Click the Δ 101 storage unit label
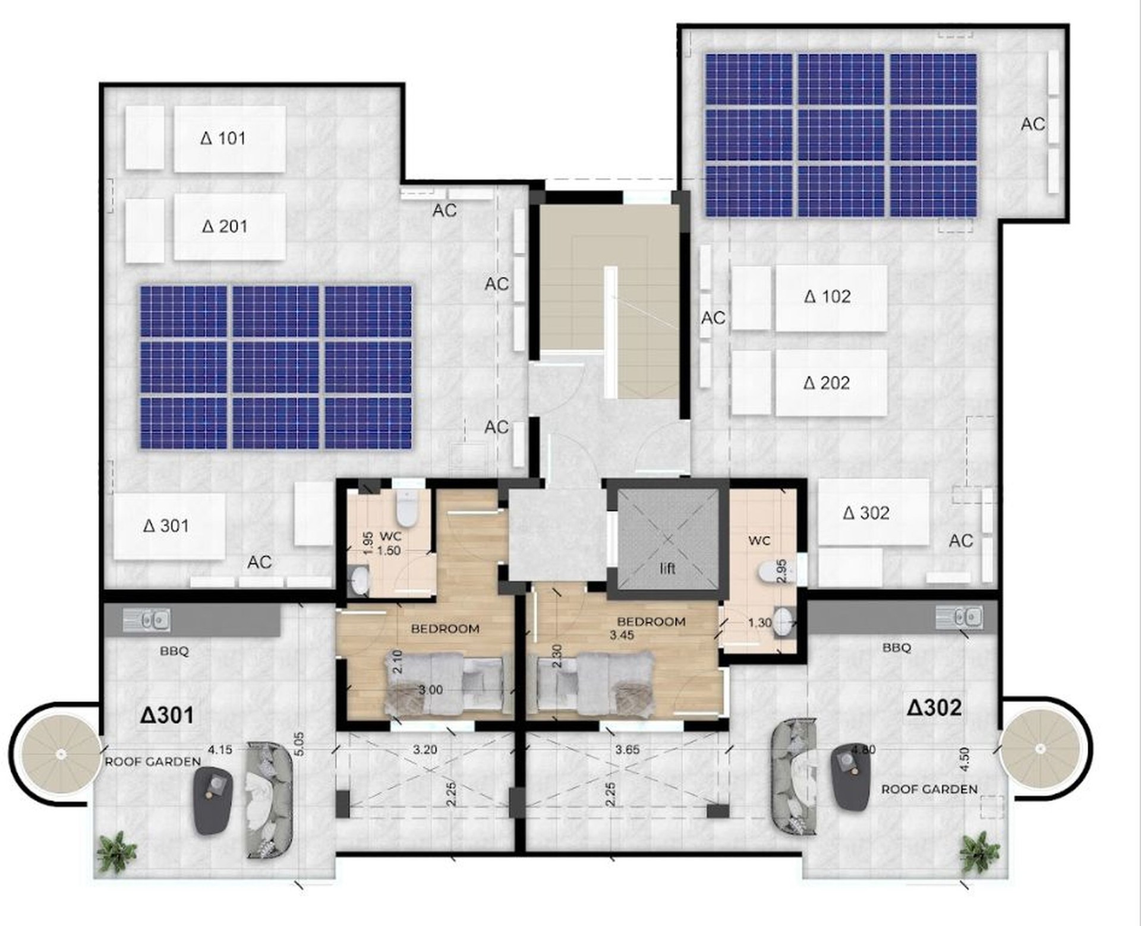(223, 138)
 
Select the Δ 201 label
(225, 226)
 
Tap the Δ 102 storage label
(827, 296)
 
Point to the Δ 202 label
(827, 383)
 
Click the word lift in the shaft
(668, 568)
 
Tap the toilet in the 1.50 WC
(406, 508)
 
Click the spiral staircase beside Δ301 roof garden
(61, 754)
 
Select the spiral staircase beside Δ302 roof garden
(1039, 749)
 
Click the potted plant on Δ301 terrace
(117, 852)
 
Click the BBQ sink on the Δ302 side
(959, 617)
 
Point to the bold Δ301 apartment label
(167, 715)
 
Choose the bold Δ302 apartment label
(934, 707)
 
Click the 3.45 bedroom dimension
(622, 635)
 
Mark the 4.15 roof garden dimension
(220, 750)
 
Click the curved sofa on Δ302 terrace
(794, 776)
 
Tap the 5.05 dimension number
(299, 744)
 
